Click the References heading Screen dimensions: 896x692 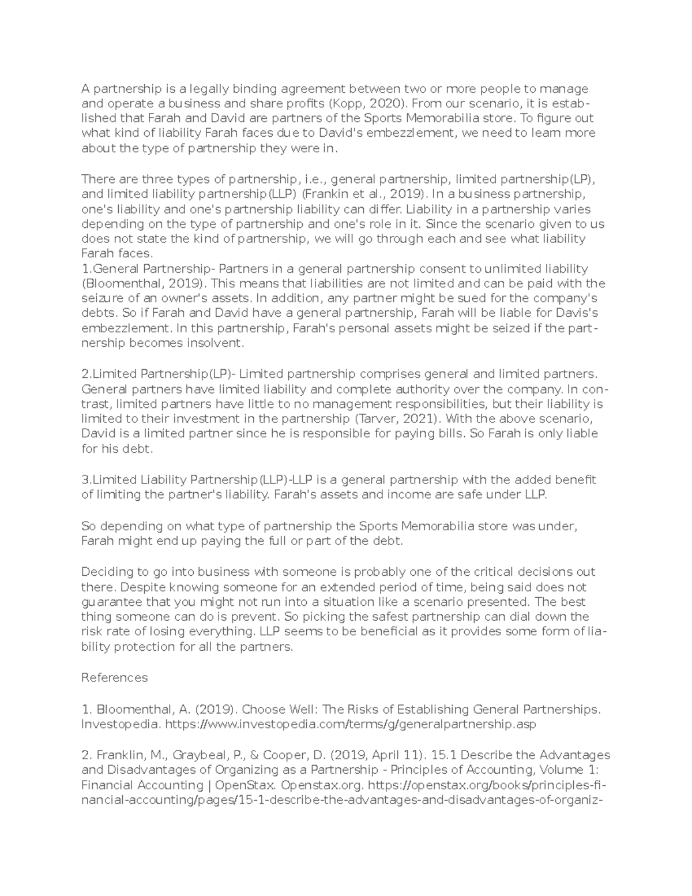coord(115,677)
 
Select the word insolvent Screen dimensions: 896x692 coord(215,343)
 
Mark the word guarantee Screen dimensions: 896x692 coord(107,602)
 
